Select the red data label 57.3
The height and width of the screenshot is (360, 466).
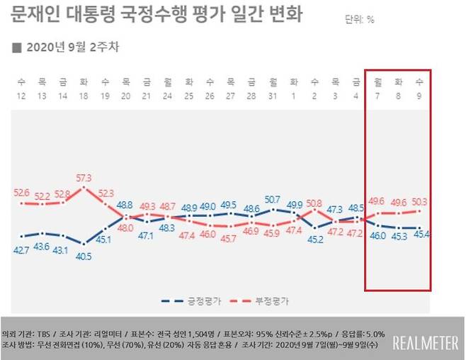click(x=85, y=177)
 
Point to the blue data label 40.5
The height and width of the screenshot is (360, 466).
click(x=84, y=257)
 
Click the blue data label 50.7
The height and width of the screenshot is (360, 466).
click(x=273, y=199)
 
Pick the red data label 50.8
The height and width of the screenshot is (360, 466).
click(x=314, y=203)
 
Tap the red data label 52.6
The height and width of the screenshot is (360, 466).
click(x=22, y=192)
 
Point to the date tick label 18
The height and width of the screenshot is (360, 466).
click(x=84, y=96)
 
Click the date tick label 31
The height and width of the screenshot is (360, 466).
click(x=272, y=96)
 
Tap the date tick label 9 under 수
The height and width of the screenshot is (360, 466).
click(x=420, y=96)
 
